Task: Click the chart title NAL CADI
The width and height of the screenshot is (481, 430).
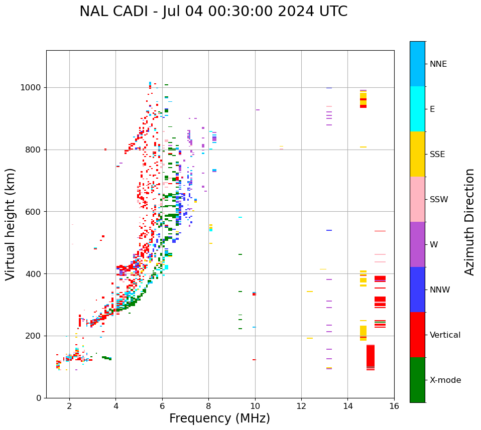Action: click(213, 12)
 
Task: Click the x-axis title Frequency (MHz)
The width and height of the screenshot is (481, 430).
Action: click(219, 418)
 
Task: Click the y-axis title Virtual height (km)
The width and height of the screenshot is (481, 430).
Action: click(11, 224)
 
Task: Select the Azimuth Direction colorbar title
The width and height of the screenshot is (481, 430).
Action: click(469, 222)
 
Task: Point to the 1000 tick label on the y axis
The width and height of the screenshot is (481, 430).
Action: click(31, 88)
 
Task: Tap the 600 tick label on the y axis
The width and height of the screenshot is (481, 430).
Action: click(33, 212)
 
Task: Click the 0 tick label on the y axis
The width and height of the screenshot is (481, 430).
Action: click(39, 398)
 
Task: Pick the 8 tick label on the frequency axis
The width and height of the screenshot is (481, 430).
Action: click(208, 406)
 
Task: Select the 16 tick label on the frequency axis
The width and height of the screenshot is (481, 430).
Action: click(394, 406)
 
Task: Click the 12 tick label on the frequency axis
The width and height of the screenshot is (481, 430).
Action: click(301, 406)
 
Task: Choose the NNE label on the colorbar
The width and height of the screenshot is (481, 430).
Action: click(438, 64)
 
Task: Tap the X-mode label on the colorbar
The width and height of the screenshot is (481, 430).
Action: click(445, 380)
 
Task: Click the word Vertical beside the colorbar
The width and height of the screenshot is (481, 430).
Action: click(445, 335)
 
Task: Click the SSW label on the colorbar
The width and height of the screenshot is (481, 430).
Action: click(438, 200)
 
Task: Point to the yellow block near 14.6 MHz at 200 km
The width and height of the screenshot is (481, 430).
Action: click(363, 333)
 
